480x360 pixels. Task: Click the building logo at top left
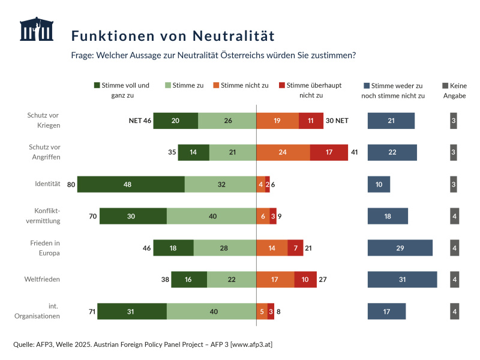(36, 29)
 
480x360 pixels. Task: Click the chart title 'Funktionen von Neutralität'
(173, 36)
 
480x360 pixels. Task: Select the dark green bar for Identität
(131, 184)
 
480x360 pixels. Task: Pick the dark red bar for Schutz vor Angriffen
(329, 152)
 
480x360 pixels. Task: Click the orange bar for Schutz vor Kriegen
(277, 121)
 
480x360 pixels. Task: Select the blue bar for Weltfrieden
(402, 280)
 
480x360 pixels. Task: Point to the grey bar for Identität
(454, 184)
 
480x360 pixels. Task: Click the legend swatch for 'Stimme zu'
(168, 86)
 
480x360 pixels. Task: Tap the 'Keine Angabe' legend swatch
(445, 86)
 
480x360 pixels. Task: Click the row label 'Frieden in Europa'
(44, 248)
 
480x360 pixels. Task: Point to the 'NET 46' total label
(140, 121)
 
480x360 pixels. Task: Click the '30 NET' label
(337, 121)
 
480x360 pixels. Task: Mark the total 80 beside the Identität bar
(71, 184)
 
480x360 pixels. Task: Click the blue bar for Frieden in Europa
(400, 248)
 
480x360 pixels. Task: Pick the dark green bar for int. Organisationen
(132, 311)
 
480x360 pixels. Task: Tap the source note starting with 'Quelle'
(143, 344)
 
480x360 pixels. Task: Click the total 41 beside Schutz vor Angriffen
(354, 152)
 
